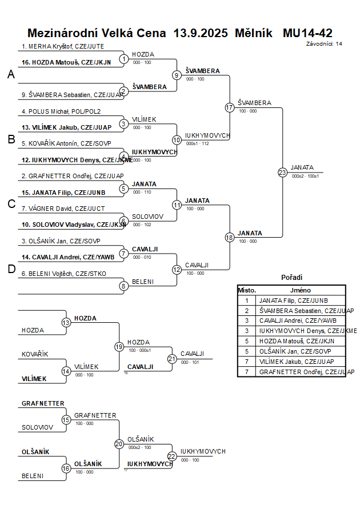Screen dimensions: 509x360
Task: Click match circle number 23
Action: pos(282,172)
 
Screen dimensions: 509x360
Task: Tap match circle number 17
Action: pos(230,107)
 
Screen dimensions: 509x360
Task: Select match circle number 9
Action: pos(177,75)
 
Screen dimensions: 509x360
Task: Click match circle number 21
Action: pos(172,359)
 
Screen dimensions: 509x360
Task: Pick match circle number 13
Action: pos(66,323)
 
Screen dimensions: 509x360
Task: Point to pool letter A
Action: pos(11,74)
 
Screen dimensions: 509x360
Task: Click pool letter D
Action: pos(11,270)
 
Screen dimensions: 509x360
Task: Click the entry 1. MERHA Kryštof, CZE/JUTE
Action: pos(63,46)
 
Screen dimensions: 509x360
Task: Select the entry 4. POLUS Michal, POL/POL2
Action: pos(61,111)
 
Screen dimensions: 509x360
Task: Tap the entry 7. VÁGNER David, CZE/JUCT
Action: pos(63,209)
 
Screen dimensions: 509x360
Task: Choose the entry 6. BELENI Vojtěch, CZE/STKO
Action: pos(64,274)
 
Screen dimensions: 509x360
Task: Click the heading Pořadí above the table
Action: pos(291,278)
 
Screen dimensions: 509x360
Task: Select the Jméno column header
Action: pos(301,290)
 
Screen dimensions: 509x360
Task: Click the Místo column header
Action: pos(247,290)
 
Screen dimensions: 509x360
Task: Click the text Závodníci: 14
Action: pos(324,43)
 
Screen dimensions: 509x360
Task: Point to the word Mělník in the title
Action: pos(254,33)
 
